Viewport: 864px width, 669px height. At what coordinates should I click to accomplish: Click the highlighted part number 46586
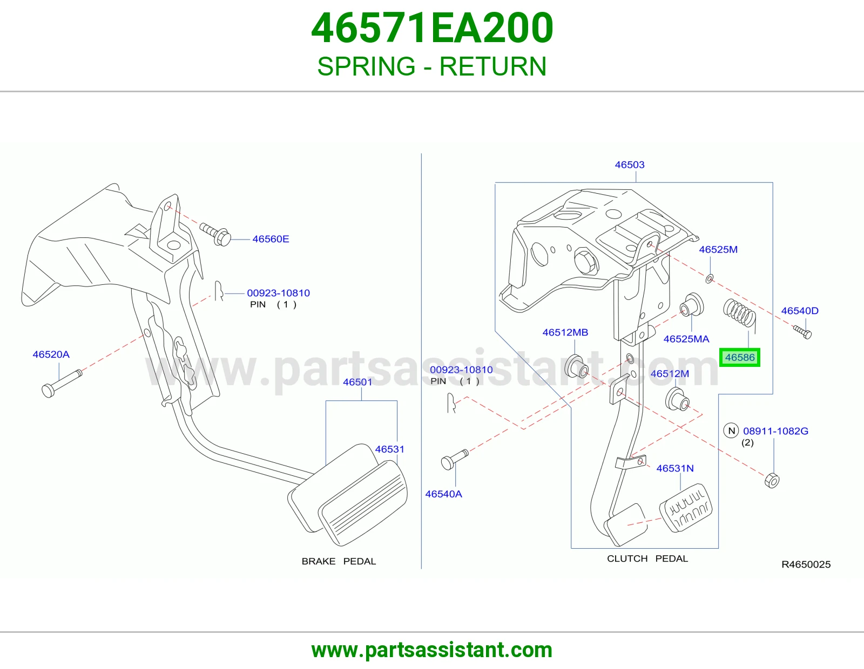pyautogui.click(x=740, y=357)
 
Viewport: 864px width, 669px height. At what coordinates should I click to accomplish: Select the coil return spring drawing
pyautogui.click(x=739, y=314)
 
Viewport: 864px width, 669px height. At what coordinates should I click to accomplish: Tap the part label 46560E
pyautogui.click(x=271, y=239)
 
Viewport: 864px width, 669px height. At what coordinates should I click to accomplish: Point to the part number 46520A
pyautogui.click(x=51, y=354)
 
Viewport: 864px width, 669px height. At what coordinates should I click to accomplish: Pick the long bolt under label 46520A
pyautogui.click(x=62, y=383)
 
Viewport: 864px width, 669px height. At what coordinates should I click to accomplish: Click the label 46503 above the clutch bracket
pyautogui.click(x=630, y=165)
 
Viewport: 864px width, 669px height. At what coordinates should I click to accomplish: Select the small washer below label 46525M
pyautogui.click(x=710, y=278)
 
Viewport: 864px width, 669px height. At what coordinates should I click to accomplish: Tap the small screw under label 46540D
pyautogui.click(x=802, y=332)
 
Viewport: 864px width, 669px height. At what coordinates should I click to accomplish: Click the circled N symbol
pyautogui.click(x=731, y=431)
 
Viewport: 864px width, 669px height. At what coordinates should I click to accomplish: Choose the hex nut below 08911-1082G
pyautogui.click(x=772, y=481)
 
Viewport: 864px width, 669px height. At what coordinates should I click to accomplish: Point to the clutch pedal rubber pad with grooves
pyautogui.click(x=686, y=508)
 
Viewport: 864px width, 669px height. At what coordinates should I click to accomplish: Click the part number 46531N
pyautogui.click(x=675, y=468)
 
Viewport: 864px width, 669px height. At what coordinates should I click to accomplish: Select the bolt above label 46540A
pyautogui.click(x=455, y=460)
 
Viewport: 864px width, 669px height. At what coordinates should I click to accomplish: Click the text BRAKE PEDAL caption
pyautogui.click(x=339, y=561)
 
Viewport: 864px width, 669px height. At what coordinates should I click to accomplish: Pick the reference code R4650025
pyautogui.click(x=806, y=564)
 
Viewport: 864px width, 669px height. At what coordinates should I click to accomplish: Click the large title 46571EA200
pyautogui.click(x=432, y=28)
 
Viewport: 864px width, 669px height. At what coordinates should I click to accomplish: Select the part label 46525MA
pyautogui.click(x=686, y=339)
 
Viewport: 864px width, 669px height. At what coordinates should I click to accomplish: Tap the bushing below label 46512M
pyautogui.click(x=678, y=399)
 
